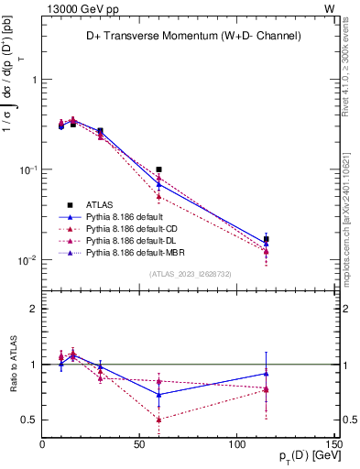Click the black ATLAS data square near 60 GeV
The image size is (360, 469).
click(158, 169)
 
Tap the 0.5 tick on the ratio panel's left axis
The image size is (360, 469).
click(29, 420)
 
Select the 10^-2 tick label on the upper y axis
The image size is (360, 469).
click(27, 260)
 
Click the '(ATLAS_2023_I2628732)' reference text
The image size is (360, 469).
click(190, 273)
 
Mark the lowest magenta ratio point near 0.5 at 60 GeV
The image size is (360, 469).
click(158, 420)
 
